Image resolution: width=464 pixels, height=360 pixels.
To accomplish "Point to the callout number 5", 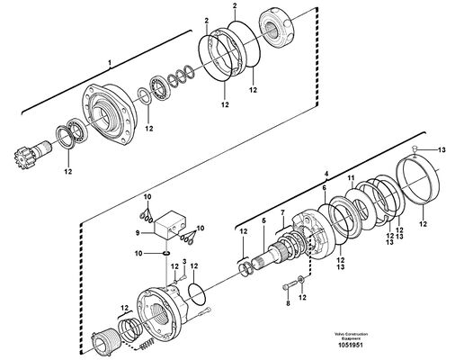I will (263, 220).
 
